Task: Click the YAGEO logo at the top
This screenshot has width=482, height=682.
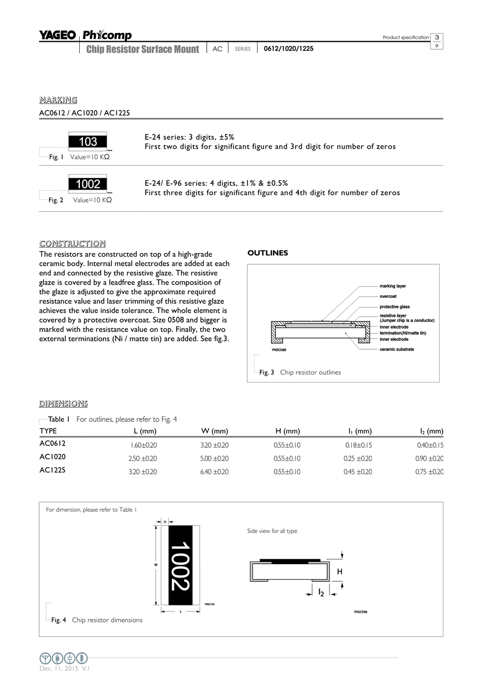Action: click(x=57, y=35)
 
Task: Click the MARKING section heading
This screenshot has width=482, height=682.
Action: click(x=58, y=100)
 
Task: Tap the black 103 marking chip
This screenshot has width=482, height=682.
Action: click(x=88, y=141)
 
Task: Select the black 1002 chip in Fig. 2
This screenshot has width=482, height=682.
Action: click(x=88, y=184)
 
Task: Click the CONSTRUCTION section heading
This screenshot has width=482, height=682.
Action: click(x=72, y=244)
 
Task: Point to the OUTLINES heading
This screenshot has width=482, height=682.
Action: click(x=268, y=253)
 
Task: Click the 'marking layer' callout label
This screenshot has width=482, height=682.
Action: click(x=393, y=286)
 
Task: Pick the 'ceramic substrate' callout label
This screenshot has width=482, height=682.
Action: click(x=396, y=349)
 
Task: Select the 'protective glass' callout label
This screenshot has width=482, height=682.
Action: click(x=395, y=306)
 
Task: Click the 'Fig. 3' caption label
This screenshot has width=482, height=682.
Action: click(x=267, y=372)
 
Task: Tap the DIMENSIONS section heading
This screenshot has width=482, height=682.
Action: click(x=63, y=403)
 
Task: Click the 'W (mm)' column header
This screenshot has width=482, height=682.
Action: click(x=215, y=431)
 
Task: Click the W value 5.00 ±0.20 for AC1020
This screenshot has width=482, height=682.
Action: click(x=214, y=459)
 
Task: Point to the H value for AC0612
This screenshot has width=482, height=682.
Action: click(x=287, y=445)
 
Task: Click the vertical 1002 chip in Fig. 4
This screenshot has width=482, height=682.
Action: click(x=180, y=566)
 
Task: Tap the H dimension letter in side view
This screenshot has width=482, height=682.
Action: click(x=340, y=572)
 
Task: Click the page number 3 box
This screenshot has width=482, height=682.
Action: click(x=437, y=37)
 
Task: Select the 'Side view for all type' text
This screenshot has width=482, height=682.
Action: click(x=272, y=531)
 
